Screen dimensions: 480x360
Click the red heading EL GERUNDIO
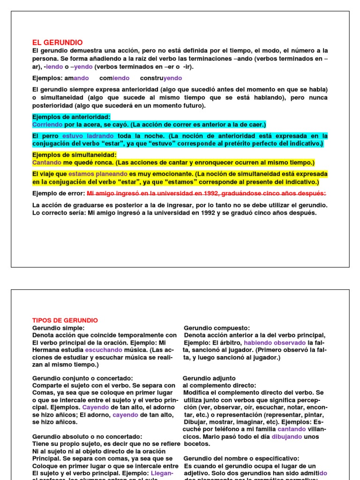pyautogui.click(x=57, y=42)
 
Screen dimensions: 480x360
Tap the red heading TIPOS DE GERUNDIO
pyautogui.click(x=65, y=320)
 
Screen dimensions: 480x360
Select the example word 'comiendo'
pyautogui.click(x=114, y=78)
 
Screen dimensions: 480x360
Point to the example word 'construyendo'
pyautogui.click(x=161, y=78)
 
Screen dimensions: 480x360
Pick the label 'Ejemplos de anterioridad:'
pyautogui.click(x=71, y=117)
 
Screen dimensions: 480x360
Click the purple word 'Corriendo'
pyautogui.click(x=47, y=124)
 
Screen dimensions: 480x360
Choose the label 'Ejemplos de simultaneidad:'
pyautogui.click(x=75, y=155)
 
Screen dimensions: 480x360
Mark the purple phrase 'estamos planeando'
pyautogui.click(x=98, y=174)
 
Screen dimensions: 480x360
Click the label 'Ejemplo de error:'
pyautogui.click(x=59, y=193)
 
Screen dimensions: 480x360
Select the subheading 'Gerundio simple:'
pyautogui.click(x=59, y=328)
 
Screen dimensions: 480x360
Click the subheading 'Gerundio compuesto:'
pyautogui.click(x=217, y=328)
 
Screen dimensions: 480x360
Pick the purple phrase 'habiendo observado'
pyautogui.click(x=275, y=343)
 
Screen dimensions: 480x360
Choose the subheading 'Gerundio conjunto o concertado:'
pyautogui.click(x=82, y=378)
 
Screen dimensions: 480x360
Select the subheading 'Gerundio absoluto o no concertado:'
pyautogui.click(x=87, y=436)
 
